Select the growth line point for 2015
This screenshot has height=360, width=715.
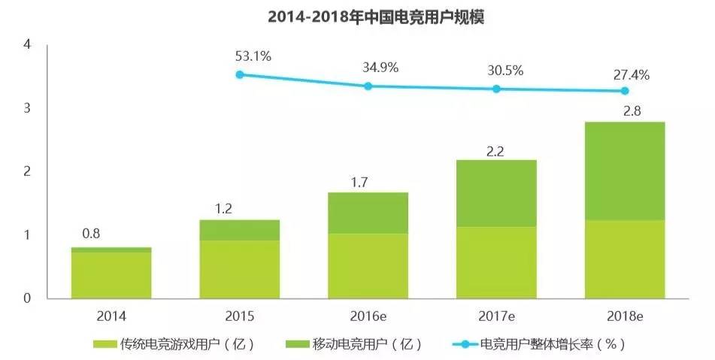pos(240,74)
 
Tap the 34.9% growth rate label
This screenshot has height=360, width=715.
pos(380,68)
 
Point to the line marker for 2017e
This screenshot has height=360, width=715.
pos(496,89)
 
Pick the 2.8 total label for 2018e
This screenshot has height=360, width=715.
pos(625,111)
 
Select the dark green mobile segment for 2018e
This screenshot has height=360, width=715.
pos(625,171)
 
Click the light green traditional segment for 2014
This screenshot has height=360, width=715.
pos(111,274)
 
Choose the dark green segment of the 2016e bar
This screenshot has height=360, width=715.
pos(368,213)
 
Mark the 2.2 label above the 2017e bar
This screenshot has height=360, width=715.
pos(496,150)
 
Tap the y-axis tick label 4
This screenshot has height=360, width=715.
pos(27,45)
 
